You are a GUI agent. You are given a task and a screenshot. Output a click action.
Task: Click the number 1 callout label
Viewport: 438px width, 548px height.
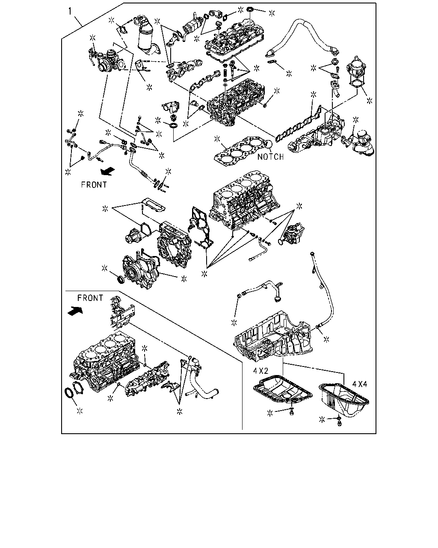70,12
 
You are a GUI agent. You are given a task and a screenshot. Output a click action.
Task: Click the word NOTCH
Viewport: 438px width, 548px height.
270,157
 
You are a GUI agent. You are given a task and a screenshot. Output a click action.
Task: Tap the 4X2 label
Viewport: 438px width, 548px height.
261,371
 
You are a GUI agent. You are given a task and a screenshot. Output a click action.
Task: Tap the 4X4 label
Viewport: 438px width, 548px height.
360,384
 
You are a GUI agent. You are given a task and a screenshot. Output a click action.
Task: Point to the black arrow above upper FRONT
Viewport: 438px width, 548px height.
108,172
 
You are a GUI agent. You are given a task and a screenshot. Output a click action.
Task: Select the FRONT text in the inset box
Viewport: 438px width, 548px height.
90,298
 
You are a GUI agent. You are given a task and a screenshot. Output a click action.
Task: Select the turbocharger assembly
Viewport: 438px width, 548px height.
107,60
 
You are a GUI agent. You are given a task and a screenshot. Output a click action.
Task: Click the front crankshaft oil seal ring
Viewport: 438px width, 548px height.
120,279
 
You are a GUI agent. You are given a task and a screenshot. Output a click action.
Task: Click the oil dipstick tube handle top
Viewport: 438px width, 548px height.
313,254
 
